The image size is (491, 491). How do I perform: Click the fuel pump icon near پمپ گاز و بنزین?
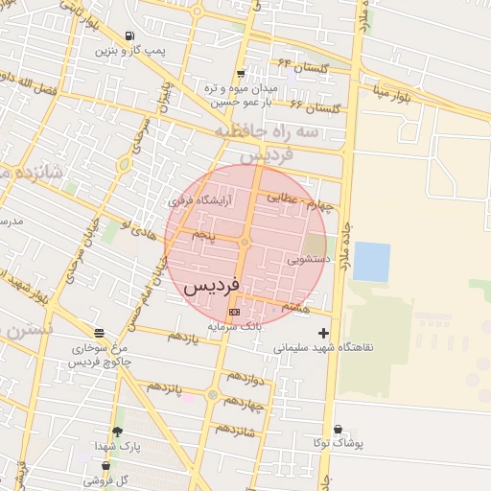[129, 35]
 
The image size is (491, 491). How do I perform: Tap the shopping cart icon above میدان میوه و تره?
[240, 73]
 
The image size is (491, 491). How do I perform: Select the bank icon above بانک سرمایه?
[234, 312]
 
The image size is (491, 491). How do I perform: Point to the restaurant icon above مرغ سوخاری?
[100, 333]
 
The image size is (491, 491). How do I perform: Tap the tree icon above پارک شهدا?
[117, 433]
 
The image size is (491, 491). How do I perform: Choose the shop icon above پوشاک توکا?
[337, 429]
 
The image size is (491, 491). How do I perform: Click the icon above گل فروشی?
[105, 466]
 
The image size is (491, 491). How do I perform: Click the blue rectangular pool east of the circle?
[371, 262]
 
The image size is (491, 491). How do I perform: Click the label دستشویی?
[309, 259]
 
